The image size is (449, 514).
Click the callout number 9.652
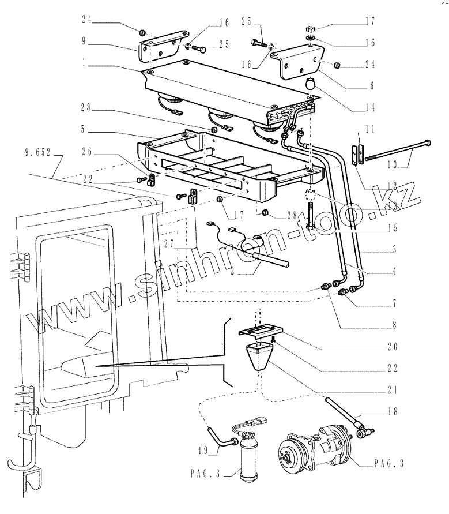point(39,153)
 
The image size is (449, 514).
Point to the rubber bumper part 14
point(312,85)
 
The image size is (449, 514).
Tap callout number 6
point(372,85)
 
